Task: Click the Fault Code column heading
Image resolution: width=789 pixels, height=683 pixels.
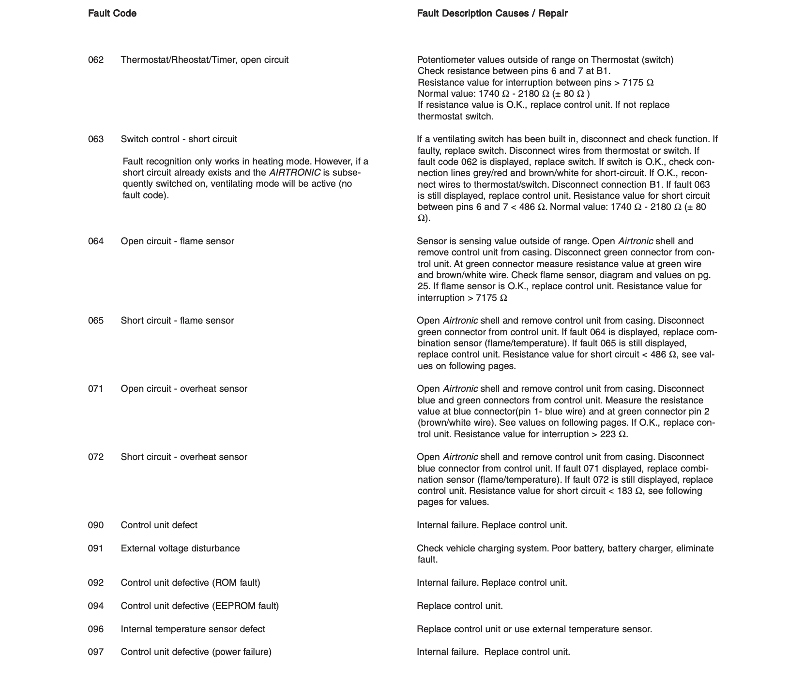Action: click(x=112, y=14)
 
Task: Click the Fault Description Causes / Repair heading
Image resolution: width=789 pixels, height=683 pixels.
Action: click(x=492, y=14)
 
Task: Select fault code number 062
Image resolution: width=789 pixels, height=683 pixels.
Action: click(x=96, y=60)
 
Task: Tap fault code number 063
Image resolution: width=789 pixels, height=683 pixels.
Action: click(x=96, y=139)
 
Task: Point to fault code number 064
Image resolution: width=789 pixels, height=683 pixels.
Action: click(x=96, y=241)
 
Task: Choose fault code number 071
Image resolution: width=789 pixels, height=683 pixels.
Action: click(x=96, y=389)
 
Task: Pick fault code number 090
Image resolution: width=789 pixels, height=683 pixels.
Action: click(x=96, y=525)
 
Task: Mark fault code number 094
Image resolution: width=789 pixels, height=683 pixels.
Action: click(x=96, y=606)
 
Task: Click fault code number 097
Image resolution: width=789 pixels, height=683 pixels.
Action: click(x=96, y=652)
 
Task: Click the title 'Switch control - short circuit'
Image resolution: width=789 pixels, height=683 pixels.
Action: click(x=179, y=139)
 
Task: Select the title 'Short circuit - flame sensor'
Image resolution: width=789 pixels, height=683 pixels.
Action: click(x=177, y=321)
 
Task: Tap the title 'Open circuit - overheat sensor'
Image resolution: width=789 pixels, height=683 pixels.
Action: click(x=184, y=389)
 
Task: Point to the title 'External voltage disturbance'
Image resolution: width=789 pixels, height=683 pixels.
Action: click(x=180, y=549)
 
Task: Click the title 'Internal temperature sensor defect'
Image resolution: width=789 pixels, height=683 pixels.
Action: click(x=193, y=629)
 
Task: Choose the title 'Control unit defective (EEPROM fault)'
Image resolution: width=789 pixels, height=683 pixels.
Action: click(x=199, y=606)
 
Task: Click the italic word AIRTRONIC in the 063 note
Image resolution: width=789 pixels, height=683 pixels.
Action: click(x=294, y=173)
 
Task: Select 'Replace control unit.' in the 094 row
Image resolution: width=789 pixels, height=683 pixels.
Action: click(x=459, y=606)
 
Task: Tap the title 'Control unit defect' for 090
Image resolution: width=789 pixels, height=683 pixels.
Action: click(x=159, y=525)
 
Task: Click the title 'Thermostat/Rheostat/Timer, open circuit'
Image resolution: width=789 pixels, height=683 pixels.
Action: click(x=204, y=60)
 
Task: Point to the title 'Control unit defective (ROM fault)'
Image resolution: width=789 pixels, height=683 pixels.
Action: click(x=190, y=583)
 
